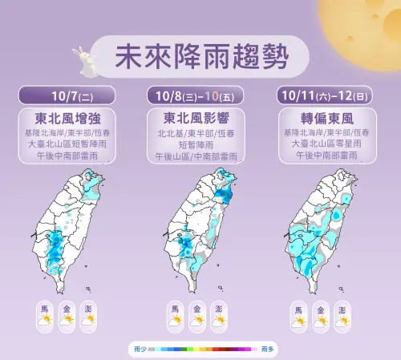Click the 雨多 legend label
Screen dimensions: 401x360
point(267,350)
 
